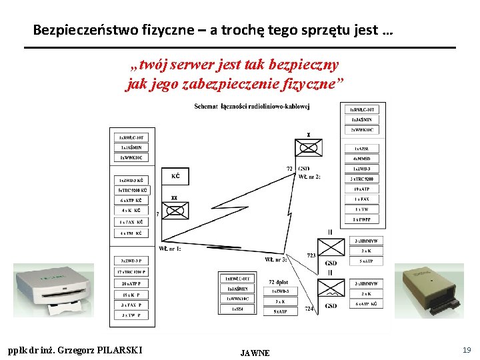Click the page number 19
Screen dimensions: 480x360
pyautogui.click(x=466, y=349)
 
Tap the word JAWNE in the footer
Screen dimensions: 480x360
pyautogui.click(x=255, y=353)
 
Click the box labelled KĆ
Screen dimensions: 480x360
pyautogui.click(x=175, y=176)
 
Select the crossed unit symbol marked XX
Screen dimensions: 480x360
pyautogui.click(x=175, y=210)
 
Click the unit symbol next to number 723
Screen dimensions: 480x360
pyautogui.click(x=331, y=248)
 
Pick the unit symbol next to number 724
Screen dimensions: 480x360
pyautogui.click(x=331, y=291)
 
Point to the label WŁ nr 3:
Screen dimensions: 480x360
pyautogui.click(x=275, y=259)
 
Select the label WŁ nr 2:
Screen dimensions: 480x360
pyautogui.click(x=309, y=177)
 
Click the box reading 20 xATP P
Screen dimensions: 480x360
pyautogui.click(x=131, y=283)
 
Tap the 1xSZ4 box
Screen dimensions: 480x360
pyautogui.click(x=237, y=309)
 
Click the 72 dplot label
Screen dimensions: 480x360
pyautogui.click(x=279, y=282)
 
